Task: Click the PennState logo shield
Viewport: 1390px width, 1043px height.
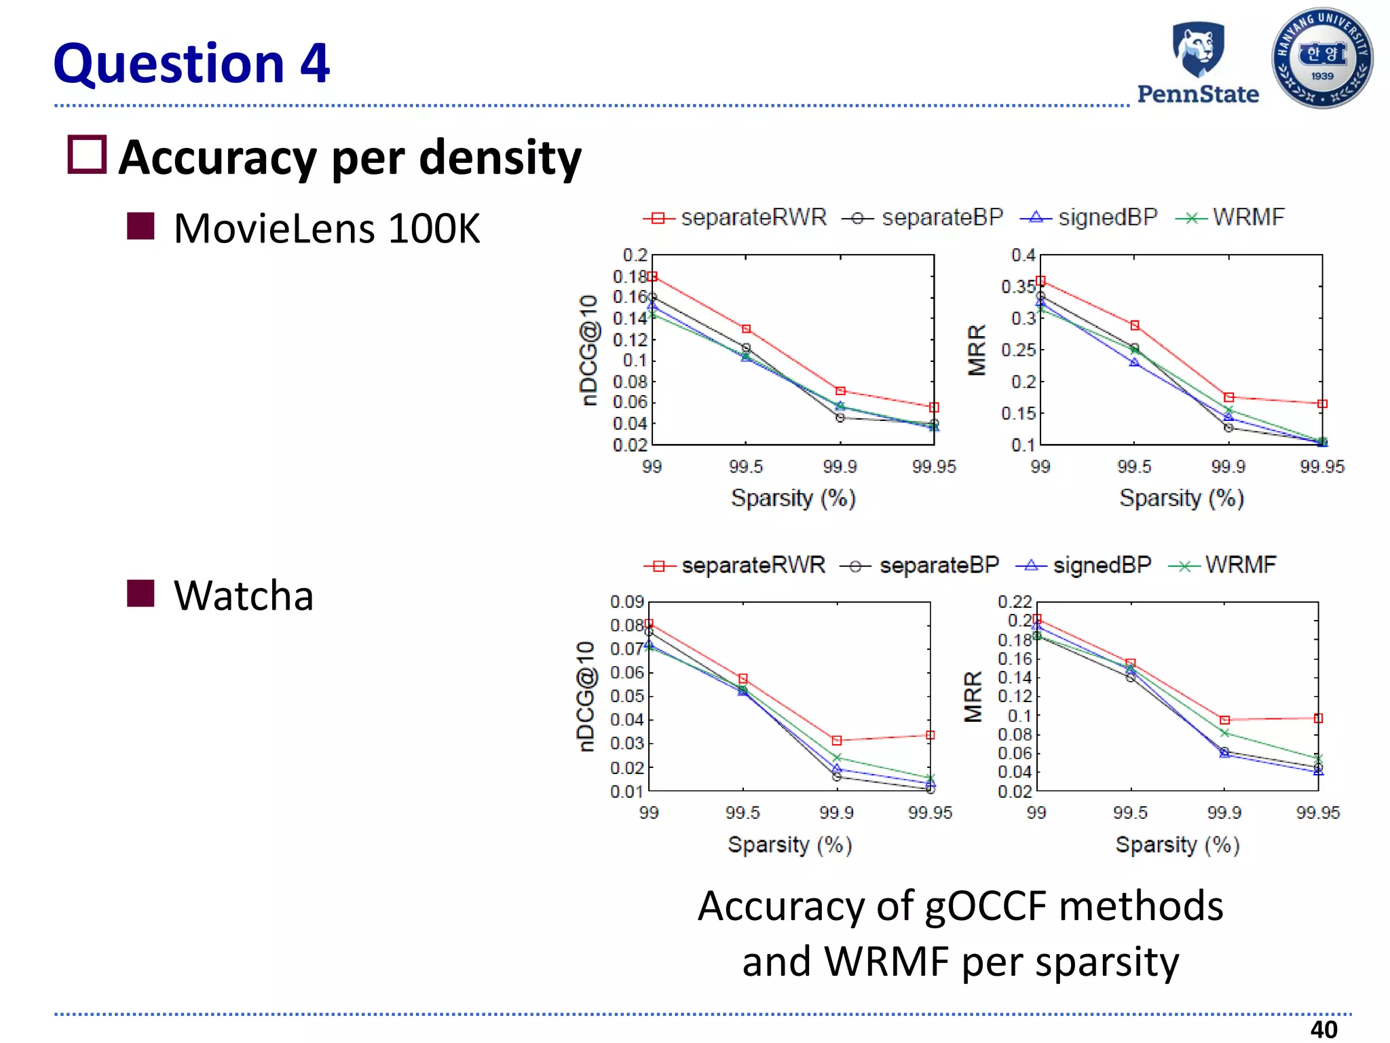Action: pos(1199,49)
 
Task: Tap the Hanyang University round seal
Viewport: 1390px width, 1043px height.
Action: pos(1322,58)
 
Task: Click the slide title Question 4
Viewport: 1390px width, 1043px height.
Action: pos(191,63)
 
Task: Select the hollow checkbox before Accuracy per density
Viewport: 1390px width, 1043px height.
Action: pos(88,155)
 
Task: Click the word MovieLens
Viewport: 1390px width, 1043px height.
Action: pos(275,228)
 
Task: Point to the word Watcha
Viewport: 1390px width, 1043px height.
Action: pos(244,596)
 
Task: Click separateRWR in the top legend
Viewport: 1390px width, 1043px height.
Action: pos(753,217)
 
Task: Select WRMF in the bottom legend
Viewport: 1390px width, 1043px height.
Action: pos(1240,565)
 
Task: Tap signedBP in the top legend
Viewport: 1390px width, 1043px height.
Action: pos(1108,217)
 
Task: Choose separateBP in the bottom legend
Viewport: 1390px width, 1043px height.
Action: pos(939,565)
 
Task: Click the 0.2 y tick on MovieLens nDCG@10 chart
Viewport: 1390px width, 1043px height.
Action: pos(635,255)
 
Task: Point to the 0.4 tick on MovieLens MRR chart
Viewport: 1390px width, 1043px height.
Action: pos(1023,255)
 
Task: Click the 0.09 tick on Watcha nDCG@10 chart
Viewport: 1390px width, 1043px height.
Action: pos(626,602)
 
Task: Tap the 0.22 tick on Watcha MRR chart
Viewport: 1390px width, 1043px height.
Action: pos(1015,602)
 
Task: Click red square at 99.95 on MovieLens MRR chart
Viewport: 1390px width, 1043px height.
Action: pos(1322,404)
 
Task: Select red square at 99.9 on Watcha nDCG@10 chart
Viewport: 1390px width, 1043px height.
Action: pos(837,741)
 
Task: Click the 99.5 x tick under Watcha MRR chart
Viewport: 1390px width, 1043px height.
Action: pos(1130,813)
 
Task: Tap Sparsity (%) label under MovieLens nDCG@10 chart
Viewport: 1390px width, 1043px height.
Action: pos(793,498)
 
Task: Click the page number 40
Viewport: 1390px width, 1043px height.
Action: pos(1323,1029)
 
